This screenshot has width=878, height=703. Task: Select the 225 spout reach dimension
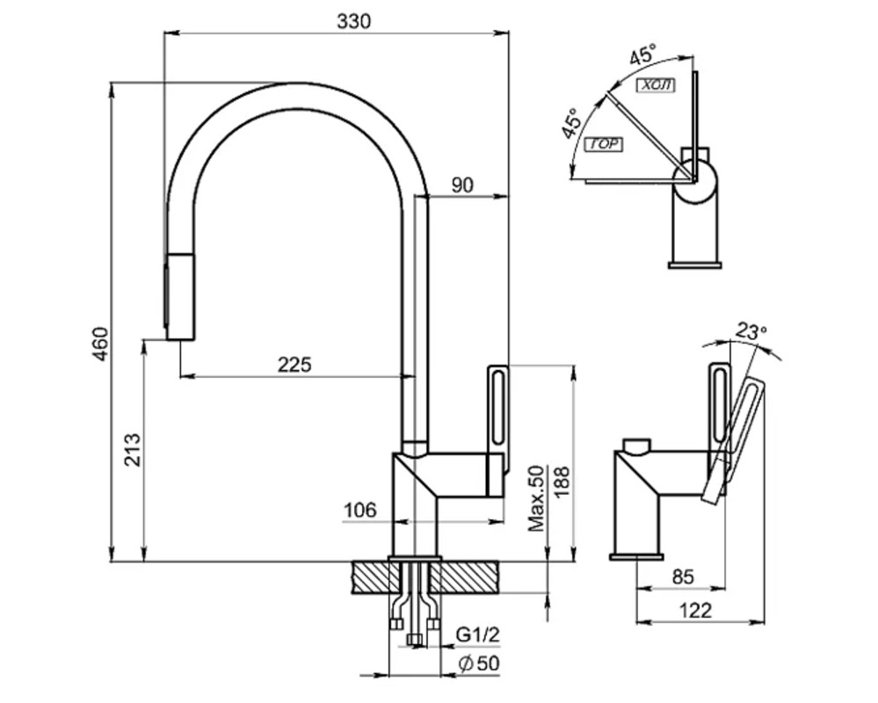(x=294, y=364)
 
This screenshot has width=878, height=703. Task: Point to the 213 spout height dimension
(x=132, y=450)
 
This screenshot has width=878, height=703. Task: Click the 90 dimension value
(x=463, y=185)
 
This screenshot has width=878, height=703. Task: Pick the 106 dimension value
(x=359, y=510)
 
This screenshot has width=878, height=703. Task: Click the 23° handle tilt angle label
(x=751, y=332)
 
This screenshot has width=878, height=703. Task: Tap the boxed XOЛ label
(x=655, y=85)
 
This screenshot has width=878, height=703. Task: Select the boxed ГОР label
(x=603, y=145)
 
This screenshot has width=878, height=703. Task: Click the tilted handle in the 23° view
(x=735, y=439)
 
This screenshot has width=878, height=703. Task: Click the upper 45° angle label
(x=642, y=54)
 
